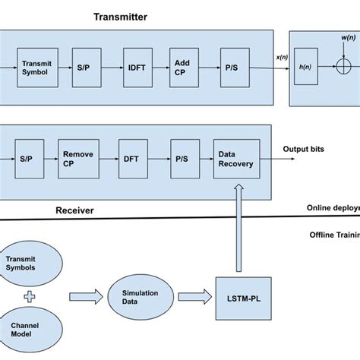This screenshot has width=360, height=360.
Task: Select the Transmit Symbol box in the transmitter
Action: point(36,68)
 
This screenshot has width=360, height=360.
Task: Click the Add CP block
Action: point(182,68)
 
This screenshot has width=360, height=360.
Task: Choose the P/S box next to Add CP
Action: point(230,68)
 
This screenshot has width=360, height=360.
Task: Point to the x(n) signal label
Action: point(282,57)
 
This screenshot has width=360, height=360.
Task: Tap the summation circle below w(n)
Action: point(343,67)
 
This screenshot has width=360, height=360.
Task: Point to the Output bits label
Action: point(304,149)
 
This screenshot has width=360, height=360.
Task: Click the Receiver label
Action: point(74,210)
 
